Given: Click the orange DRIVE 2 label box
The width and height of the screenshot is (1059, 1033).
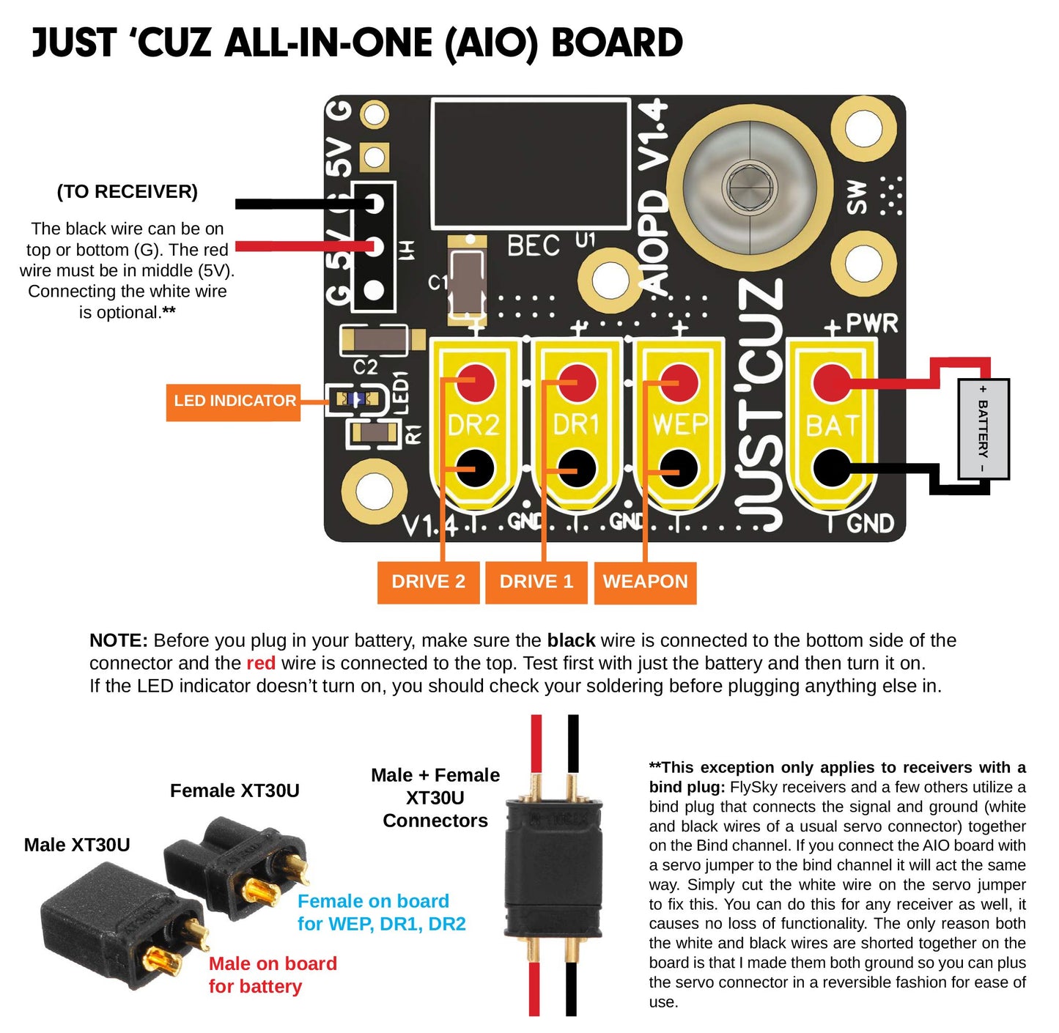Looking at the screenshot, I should point(428,582).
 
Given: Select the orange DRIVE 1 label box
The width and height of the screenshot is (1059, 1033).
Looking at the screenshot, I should point(536,582).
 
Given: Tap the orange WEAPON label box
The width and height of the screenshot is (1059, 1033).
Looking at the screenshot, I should point(645,582).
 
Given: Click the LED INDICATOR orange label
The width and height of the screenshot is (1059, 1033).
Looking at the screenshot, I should point(234,401).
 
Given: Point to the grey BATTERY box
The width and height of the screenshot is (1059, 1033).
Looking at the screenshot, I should point(984,429).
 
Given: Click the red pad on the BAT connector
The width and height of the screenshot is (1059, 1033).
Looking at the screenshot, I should point(832,382).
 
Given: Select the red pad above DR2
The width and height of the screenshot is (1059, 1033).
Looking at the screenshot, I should point(476,382).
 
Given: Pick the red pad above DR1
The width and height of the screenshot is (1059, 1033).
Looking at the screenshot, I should point(578,382).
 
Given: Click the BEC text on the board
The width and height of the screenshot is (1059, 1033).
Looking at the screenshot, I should point(533,246).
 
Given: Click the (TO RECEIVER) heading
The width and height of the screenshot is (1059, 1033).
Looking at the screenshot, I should point(128,192).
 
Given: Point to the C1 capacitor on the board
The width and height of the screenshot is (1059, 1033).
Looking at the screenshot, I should point(467,282).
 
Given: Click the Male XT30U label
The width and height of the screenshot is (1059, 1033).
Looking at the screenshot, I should point(77,845).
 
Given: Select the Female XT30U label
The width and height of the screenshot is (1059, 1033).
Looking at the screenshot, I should point(235,791).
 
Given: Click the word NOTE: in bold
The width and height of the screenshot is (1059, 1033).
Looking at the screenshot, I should point(118,641).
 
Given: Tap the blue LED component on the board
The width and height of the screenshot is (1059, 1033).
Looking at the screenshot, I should point(356,400).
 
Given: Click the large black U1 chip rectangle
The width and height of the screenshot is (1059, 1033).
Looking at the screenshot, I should point(531,164).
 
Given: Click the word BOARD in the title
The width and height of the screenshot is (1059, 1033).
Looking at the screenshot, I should point(616,43).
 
